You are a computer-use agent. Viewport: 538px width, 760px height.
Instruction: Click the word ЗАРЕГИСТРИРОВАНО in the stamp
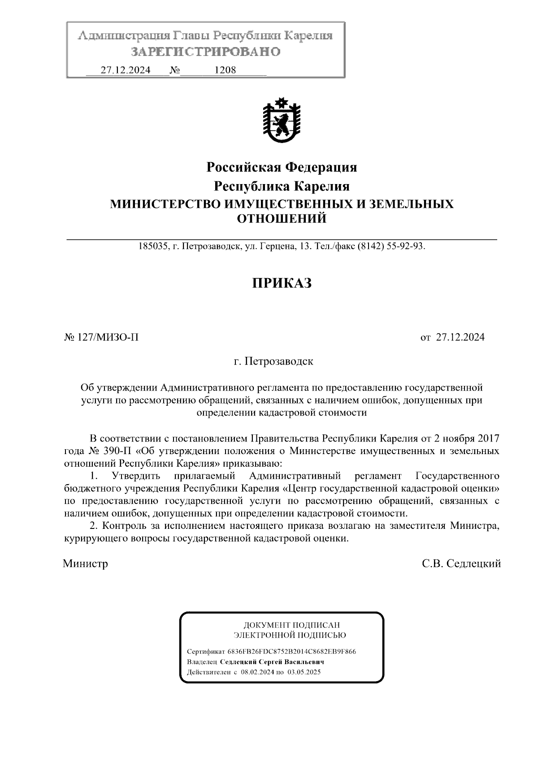click(x=205, y=52)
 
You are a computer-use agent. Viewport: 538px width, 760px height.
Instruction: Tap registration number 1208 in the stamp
click(x=226, y=70)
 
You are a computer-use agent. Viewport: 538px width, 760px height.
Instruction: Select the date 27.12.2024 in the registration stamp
click(x=125, y=70)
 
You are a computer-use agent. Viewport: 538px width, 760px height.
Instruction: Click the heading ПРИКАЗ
click(x=281, y=283)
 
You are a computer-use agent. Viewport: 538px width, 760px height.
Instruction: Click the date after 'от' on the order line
click(x=460, y=337)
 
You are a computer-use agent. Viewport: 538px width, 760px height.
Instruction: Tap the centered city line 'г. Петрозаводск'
click(x=273, y=361)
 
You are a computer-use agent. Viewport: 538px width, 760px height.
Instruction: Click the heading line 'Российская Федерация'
click(x=282, y=167)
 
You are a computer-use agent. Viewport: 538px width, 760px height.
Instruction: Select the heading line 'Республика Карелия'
click(x=281, y=186)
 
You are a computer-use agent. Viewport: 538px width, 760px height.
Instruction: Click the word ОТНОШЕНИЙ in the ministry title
click(x=281, y=219)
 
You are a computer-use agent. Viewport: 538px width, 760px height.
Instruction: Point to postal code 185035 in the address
click(x=153, y=246)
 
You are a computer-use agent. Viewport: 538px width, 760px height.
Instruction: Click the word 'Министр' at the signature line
click(x=86, y=563)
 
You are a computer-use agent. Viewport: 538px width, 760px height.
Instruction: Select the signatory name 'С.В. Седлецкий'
click(x=461, y=563)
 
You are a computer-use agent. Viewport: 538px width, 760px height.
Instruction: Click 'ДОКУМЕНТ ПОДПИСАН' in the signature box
click(x=291, y=625)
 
